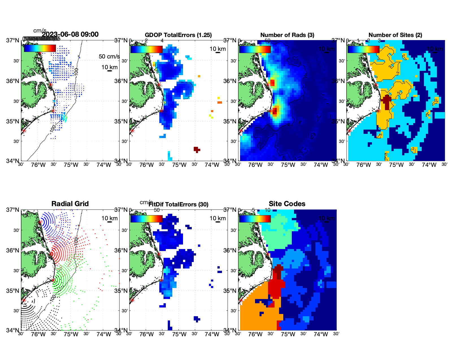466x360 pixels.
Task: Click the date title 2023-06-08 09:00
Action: coord(70,34)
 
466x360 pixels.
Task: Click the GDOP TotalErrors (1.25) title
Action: coord(178,35)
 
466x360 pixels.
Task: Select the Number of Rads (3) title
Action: coord(287,35)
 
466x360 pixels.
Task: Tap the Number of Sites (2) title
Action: coord(395,35)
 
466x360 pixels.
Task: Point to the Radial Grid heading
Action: coord(70,204)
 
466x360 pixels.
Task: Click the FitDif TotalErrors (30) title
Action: coord(178,204)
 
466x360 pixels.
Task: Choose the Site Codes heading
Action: coord(287,204)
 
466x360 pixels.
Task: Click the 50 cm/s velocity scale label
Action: coord(109,56)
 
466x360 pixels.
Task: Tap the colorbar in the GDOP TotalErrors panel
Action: coord(146,49)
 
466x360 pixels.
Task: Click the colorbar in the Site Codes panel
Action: coord(255,219)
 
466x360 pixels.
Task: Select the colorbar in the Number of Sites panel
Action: coord(363,49)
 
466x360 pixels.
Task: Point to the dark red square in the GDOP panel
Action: coord(196,149)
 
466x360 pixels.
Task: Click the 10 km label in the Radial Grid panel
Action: coord(109,218)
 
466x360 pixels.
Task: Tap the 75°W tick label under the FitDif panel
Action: coord(179,335)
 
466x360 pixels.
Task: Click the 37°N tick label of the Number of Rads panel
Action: coord(230,40)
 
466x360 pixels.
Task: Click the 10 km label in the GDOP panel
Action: coord(217,49)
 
